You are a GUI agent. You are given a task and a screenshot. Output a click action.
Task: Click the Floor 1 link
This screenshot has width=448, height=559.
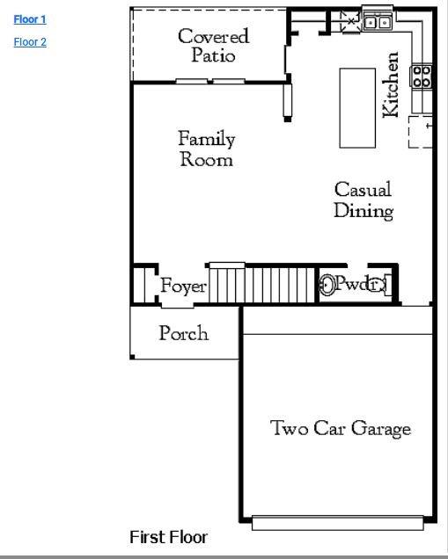click(30, 19)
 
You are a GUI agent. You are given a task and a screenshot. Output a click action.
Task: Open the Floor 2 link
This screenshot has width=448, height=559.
click(30, 42)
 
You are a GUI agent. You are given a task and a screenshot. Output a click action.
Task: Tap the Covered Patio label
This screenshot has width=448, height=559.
click(213, 45)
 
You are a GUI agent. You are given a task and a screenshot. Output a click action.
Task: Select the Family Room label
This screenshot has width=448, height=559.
click(207, 149)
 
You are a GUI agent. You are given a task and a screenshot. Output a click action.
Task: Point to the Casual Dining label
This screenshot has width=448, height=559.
click(363, 200)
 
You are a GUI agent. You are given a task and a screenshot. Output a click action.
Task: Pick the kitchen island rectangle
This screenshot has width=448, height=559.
click(357, 107)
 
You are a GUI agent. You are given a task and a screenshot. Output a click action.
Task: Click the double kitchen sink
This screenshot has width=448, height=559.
click(378, 22)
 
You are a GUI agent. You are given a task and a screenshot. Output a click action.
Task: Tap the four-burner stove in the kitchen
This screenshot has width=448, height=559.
click(422, 76)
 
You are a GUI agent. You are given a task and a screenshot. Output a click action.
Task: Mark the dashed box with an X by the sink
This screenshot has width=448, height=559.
click(349, 20)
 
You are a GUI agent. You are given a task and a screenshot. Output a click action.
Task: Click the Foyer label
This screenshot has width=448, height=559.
click(183, 287)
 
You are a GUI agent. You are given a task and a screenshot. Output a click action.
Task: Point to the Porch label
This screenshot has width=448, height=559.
click(184, 333)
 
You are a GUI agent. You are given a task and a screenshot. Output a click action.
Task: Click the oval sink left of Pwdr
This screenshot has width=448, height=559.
click(327, 285)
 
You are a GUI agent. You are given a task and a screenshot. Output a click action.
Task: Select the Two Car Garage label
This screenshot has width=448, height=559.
click(340, 429)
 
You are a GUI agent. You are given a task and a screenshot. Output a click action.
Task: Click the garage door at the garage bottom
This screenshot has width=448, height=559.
click(338, 522)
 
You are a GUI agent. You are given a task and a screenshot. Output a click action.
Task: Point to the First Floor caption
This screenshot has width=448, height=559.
click(168, 537)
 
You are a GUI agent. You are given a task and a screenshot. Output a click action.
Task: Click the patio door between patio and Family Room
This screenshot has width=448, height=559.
click(210, 82)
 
